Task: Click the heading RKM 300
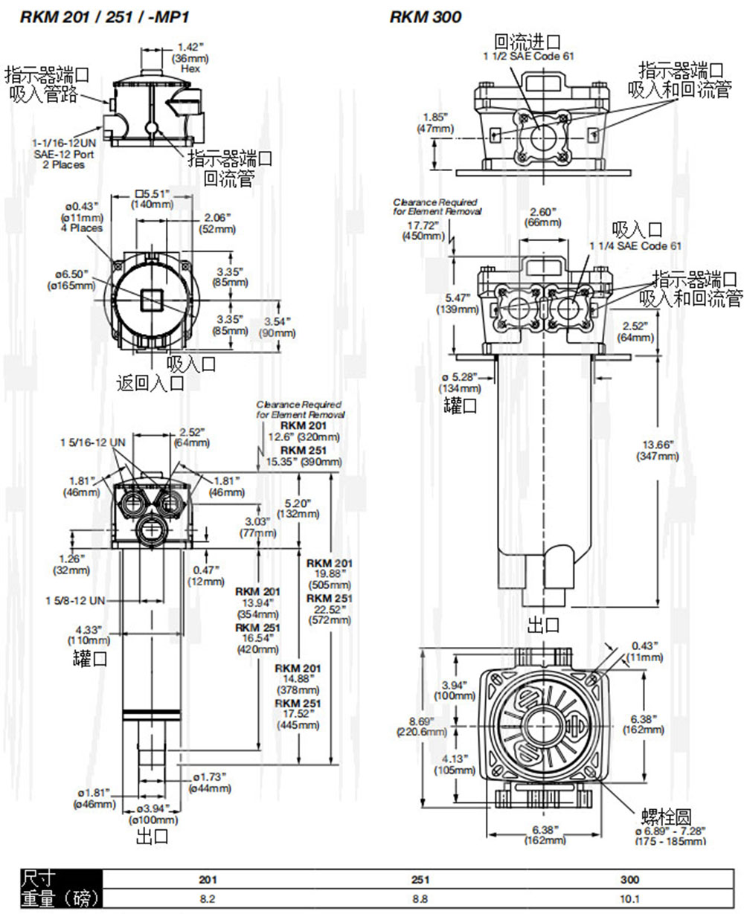click(x=426, y=17)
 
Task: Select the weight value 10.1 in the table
click(x=629, y=898)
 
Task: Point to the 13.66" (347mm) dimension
click(x=658, y=450)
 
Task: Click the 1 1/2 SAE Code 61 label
click(x=529, y=56)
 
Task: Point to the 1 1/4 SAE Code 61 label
click(x=635, y=245)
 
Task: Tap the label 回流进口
click(x=527, y=41)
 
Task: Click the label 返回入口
click(x=149, y=383)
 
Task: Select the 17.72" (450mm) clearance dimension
click(x=421, y=230)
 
